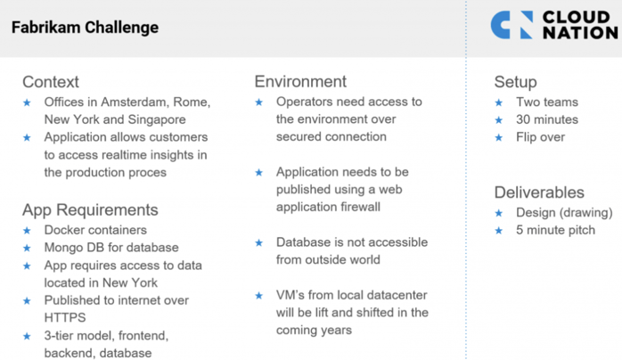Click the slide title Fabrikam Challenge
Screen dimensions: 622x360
click(85, 28)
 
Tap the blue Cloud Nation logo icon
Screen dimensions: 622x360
click(512, 25)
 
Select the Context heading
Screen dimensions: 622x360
click(51, 82)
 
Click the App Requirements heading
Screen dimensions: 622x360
click(90, 209)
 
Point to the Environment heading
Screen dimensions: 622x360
click(300, 82)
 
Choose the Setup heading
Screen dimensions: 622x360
click(515, 82)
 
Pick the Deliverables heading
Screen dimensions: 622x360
click(539, 192)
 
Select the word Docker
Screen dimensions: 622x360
click(62, 230)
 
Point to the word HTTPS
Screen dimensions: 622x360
click(65, 317)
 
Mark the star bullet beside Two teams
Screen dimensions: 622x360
click(499, 102)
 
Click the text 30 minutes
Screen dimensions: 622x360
click(547, 119)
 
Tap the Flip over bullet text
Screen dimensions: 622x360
click(540, 137)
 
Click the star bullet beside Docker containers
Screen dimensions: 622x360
click(27, 231)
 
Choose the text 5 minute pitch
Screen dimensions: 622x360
click(555, 230)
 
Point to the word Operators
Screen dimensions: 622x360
click(302, 102)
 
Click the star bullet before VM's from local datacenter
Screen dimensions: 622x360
click(259, 295)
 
